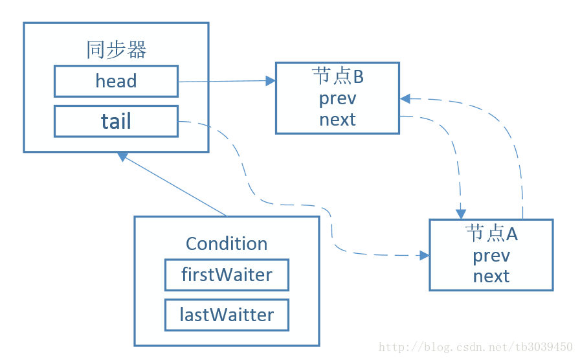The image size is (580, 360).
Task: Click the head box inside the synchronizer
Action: (116, 82)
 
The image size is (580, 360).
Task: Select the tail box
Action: (116, 121)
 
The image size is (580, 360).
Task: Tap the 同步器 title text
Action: (117, 50)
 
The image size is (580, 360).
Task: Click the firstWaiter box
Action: (227, 275)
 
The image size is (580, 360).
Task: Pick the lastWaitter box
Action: (227, 315)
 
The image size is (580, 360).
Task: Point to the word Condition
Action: (227, 244)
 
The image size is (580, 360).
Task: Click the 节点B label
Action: (338, 76)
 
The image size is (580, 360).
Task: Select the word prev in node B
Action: (338, 99)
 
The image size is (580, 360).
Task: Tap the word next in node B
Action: (338, 120)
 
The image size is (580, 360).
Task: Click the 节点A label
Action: (491, 234)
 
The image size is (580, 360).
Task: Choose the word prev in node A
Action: (491, 256)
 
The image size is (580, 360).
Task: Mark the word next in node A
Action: (491, 276)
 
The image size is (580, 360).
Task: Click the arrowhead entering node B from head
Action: (271, 81)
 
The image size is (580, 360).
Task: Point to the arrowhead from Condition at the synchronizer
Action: (122, 156)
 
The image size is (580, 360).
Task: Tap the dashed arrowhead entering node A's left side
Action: (424, 255)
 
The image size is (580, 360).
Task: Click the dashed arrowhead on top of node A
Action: (460, 214)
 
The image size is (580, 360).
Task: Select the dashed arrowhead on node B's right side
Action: (405, 98)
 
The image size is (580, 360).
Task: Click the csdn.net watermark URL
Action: (476, 347)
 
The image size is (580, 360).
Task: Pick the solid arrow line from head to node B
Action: (227, 81)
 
